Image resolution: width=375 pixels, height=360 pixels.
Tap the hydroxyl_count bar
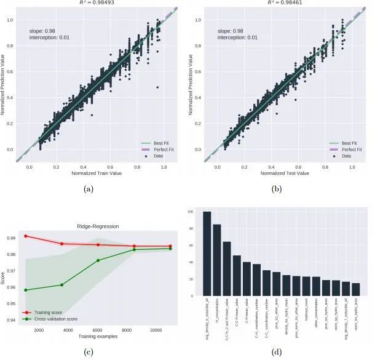point(306,287)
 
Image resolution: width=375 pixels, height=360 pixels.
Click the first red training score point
point(25,236)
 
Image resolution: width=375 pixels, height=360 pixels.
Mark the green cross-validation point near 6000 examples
point(98,260)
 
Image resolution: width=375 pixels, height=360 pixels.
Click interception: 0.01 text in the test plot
point(237,38)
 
